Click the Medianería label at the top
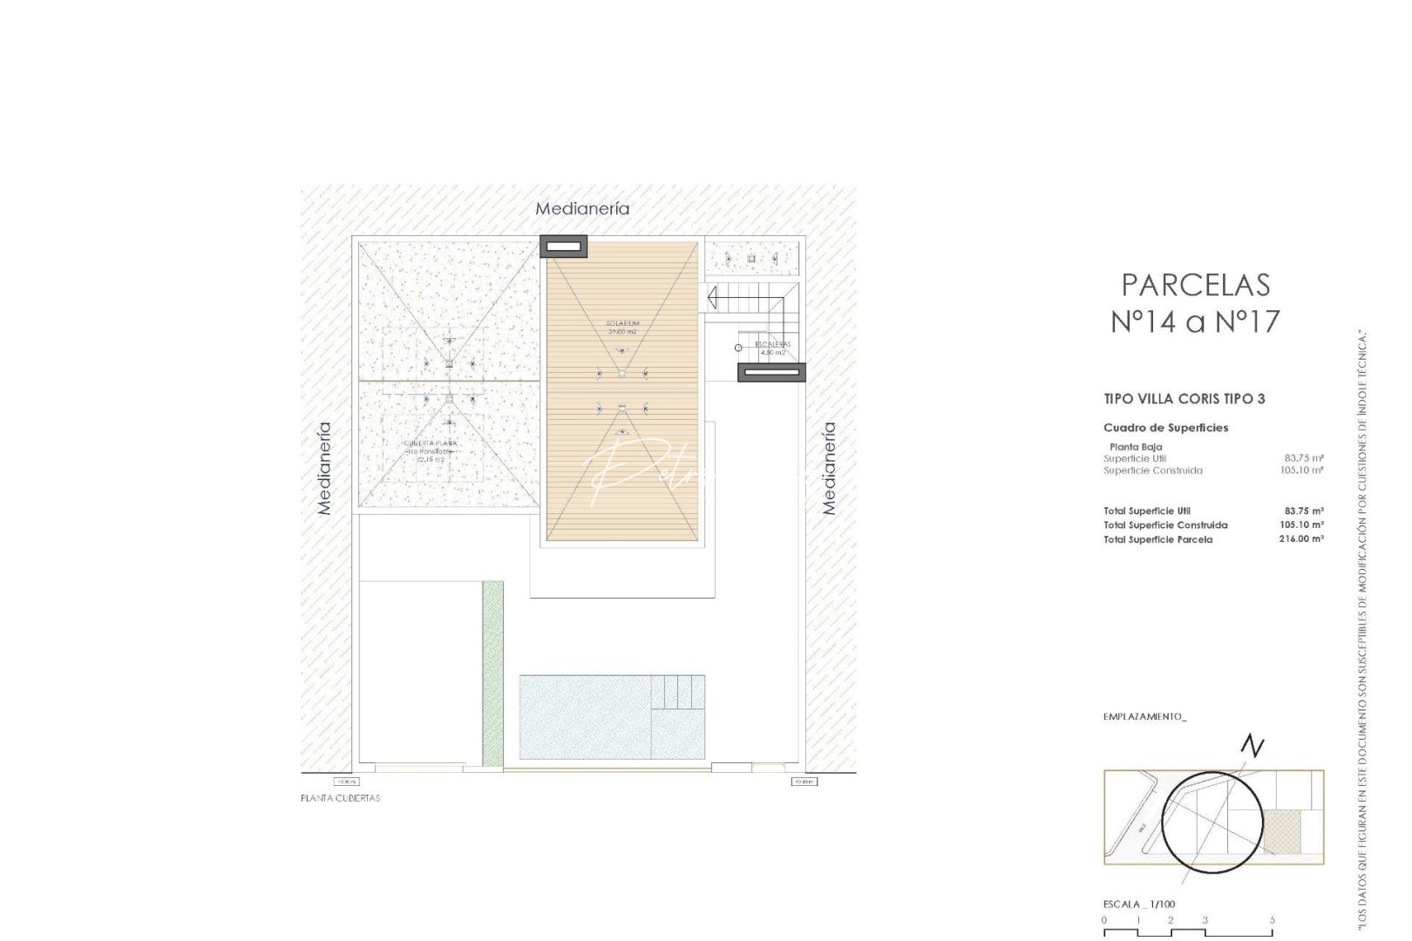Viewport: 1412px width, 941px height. (x=582, y=209)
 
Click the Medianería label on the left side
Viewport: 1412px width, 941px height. (x=324, y=469)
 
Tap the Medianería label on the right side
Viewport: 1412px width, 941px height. (x=829, y=469)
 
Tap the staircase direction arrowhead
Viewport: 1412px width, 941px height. (x=711, y=299)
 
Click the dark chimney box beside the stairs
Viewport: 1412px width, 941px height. (x=771, y=373)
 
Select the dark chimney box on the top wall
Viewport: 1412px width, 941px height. (x=563, y=247)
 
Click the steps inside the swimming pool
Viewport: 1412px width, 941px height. (x=678, y=693)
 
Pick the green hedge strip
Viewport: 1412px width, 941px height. (x=492, y=674)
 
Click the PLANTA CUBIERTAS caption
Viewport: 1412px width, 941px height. (x=340, y=798)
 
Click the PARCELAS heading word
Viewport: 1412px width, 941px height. (x=1195, y=285)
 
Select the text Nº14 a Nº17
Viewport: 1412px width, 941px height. (x=1195, y=322)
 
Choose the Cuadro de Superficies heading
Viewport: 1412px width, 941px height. (x=1165, y=428)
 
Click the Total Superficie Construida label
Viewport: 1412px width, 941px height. (x=1165, y=525)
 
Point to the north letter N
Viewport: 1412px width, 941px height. (x=1252, y=747)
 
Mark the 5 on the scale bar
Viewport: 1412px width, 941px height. (x=1273, y=920)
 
